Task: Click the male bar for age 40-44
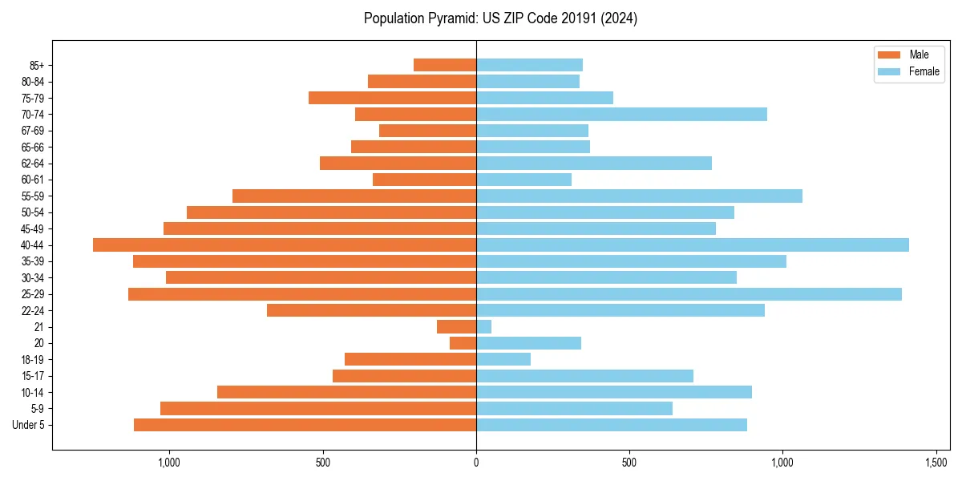[x=285, y=245]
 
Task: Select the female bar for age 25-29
[x=689, y=294]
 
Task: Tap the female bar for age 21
[x=484, y=327]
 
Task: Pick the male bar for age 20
[x=463, y=343]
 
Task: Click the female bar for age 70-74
[x=621, y=115]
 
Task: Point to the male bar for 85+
[x=445, y=65]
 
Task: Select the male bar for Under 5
[x=305, y=425]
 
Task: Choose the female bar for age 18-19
[x=503, y=360]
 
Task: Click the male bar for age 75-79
[x=393, y=98]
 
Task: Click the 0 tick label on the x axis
[x=476, y=463]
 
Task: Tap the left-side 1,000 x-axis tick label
[x=169, y=463]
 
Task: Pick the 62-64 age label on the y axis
[x=33, y=164]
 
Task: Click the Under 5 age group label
[x=29, y=425]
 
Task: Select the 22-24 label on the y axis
[x=33, y=311]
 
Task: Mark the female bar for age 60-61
[x=523, y=180]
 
